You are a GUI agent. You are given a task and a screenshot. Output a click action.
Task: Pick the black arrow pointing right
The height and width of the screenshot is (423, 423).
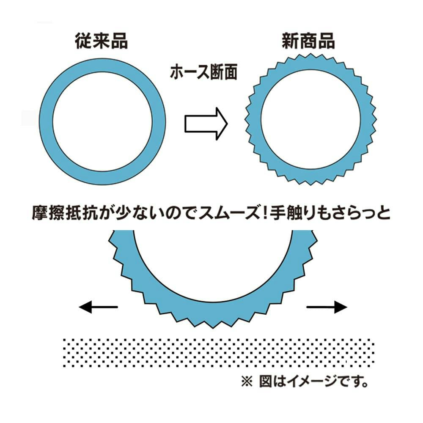tap(327, 307)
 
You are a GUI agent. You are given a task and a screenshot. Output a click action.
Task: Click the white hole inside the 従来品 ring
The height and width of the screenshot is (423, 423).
tap(102, 123)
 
